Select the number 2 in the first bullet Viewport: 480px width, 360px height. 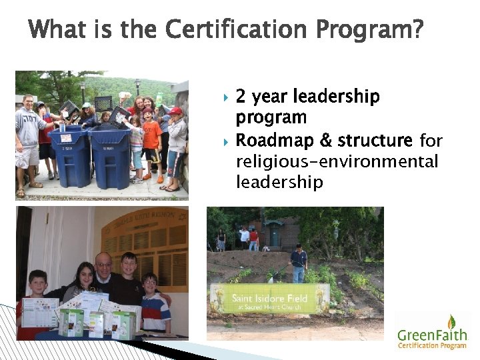click(241, 97)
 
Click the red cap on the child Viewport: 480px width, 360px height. click(175, 111)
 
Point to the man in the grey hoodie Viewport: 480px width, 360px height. click(28, 133)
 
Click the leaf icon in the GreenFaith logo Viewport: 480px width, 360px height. click(451, 322)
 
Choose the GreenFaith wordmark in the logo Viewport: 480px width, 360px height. click(432, 335)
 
